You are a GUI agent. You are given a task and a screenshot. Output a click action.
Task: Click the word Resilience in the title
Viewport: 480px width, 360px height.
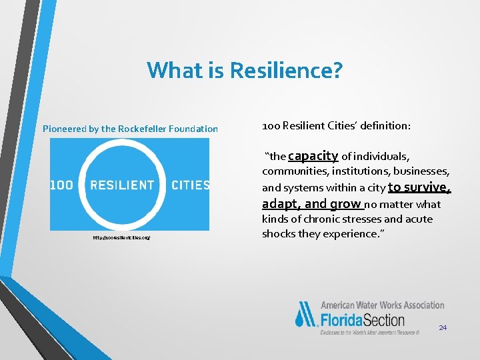pos(283,69)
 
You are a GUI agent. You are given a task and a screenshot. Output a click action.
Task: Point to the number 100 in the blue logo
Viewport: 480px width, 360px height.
pos(61,185)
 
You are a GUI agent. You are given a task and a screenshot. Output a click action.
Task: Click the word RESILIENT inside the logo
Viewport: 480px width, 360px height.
pos(122,185)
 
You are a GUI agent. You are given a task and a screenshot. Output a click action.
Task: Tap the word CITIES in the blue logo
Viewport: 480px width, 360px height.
pos(190,185)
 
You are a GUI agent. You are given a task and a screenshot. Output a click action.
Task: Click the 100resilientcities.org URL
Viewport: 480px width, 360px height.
pos(121,237)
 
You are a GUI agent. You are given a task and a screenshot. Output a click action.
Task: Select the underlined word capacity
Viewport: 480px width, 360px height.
pos(313,156)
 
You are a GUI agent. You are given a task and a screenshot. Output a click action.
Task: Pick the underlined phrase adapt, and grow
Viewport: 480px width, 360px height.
pos(312,203)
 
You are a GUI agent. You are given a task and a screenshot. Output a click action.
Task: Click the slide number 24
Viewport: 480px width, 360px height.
pos(443,327)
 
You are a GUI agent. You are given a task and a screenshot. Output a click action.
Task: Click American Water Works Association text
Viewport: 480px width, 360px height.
pos(382,305)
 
